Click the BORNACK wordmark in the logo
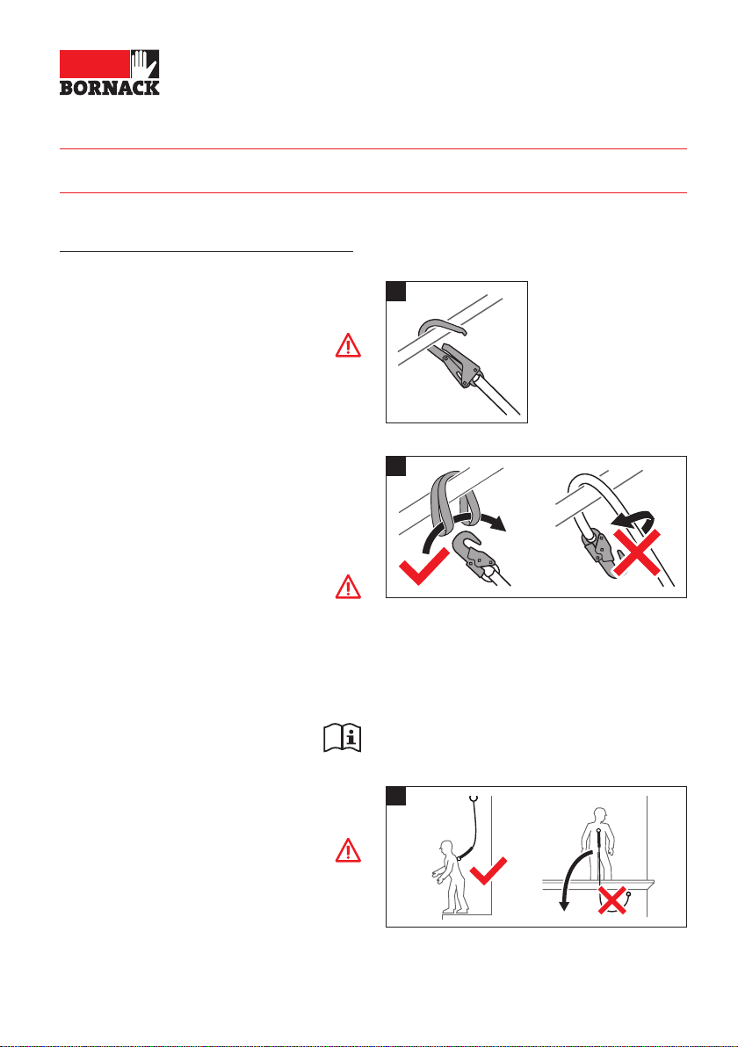tap(110, 88)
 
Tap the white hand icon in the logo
tap(144, 64)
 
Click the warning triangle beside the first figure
tap(348, 345)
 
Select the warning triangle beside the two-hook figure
tap(348, 586)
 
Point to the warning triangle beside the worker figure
tap(348, 850)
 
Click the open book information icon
tap(343, 738)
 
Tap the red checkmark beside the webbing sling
tap(424, 567)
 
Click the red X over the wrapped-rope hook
tap(637, 552)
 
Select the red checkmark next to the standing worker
tap(488, 870)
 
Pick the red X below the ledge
tap(612, 900)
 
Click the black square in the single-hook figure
tap(396, 291)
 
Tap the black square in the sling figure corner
tap(396, 466)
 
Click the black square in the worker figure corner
tap(396, 796)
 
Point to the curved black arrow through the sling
tap(461, 518)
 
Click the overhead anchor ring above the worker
tap(474, 798)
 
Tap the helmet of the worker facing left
tap(445, 846)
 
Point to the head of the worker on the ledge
tap(600, 815)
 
